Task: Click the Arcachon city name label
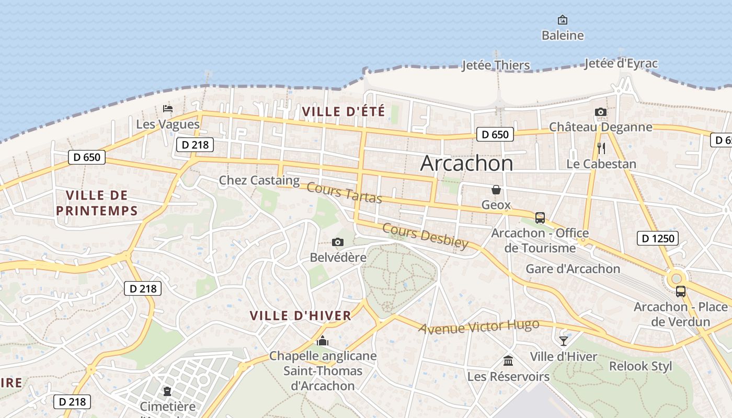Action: point(466,164)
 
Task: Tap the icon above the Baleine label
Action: point(563,20)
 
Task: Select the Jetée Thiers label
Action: point(496,65)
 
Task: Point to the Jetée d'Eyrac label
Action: point(621,64)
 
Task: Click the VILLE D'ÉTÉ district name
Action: point(343,111)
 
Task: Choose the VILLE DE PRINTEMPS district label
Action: point(97,203)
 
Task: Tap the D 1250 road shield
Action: point(658,239)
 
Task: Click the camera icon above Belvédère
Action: point(338,242)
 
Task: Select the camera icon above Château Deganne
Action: point(600,112)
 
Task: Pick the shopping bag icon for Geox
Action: point(496,189)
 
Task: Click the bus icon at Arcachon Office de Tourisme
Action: point(540,217)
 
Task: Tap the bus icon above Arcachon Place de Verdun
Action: point(680,292)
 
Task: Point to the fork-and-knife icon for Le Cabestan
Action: point(601,148)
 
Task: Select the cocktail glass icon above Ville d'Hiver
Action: point(563,341)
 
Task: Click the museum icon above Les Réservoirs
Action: point(508,361)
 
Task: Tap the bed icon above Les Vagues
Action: point(167,109)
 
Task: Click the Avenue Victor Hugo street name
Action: point(478,327)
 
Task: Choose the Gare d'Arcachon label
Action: point(573,269)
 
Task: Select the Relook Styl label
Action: point(641,366)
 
